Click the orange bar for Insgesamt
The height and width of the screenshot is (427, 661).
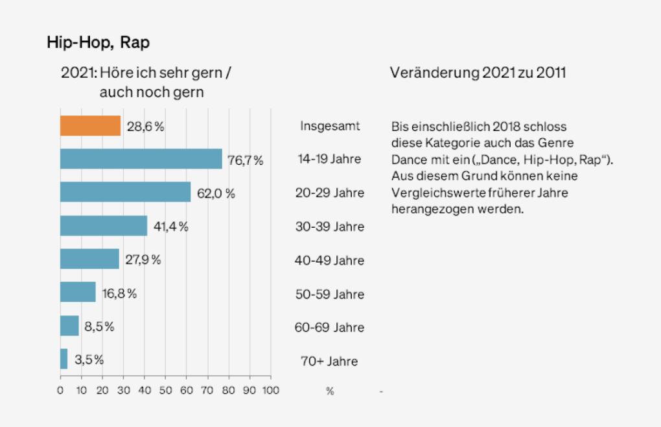(90, 126)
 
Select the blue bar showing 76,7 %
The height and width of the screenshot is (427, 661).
(141, 159)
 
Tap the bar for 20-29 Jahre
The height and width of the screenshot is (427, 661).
(125, 192)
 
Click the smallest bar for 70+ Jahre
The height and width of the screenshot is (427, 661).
(64, 359)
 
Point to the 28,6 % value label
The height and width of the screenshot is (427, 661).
(145, 127)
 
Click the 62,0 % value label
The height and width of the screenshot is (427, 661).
(215, 193)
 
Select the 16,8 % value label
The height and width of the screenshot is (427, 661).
(118, 293)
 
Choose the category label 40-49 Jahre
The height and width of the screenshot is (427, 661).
(329, 260)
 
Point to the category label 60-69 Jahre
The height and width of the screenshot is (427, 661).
(329, 328)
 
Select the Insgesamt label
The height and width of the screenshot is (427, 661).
(329, 125)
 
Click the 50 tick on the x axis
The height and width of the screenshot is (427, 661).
(165, 391)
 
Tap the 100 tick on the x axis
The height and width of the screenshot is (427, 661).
(270, 391)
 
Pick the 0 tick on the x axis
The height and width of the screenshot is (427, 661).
(60, 391)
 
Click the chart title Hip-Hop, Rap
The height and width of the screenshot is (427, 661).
(98, 43)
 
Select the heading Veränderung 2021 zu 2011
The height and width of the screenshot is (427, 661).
(478, 73)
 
